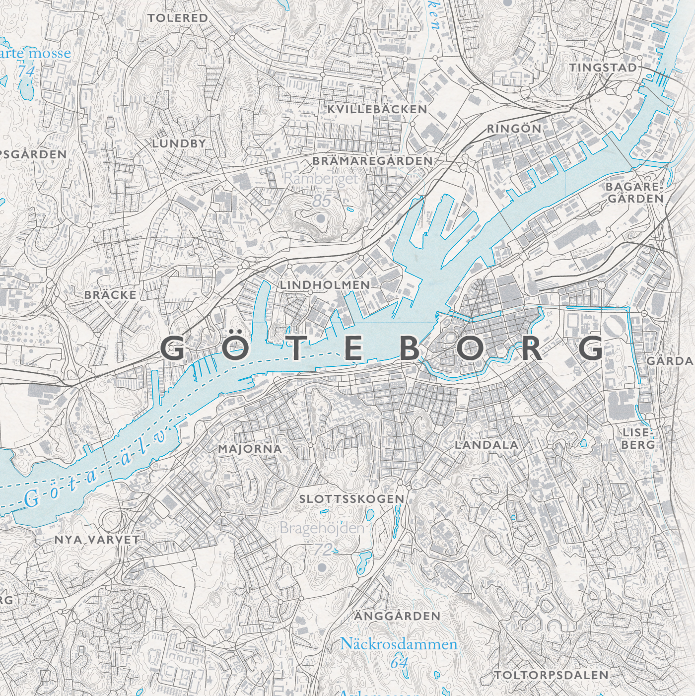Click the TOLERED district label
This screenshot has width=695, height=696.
tap(178, 18)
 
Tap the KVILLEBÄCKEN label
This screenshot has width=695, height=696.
tap(377, 109)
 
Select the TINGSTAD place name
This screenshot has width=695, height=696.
tap(603, 68)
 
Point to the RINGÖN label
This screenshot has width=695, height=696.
tap(514, 129)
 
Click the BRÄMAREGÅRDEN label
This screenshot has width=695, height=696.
tap(372, 161)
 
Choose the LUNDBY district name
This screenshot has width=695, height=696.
tap(179, 143)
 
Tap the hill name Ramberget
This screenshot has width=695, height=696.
tap(321, 179)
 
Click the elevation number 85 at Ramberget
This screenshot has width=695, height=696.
tap(322, 201)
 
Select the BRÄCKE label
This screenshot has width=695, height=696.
tap(110, 295)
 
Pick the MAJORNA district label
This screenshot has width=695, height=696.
tap(250, 449)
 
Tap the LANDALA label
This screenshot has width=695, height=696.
tap(486, 445)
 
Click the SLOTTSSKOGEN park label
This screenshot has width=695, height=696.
tap(351, 499)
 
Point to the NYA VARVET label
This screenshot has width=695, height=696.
tap(97, 540)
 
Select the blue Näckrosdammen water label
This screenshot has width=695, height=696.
tap(398, 644)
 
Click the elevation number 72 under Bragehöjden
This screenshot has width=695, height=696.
tap(323, 549)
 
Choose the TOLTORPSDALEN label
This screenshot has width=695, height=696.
tap(551, 675)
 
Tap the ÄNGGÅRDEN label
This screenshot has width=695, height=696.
tap(397, 616)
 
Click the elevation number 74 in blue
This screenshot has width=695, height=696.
tap(26, 71)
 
